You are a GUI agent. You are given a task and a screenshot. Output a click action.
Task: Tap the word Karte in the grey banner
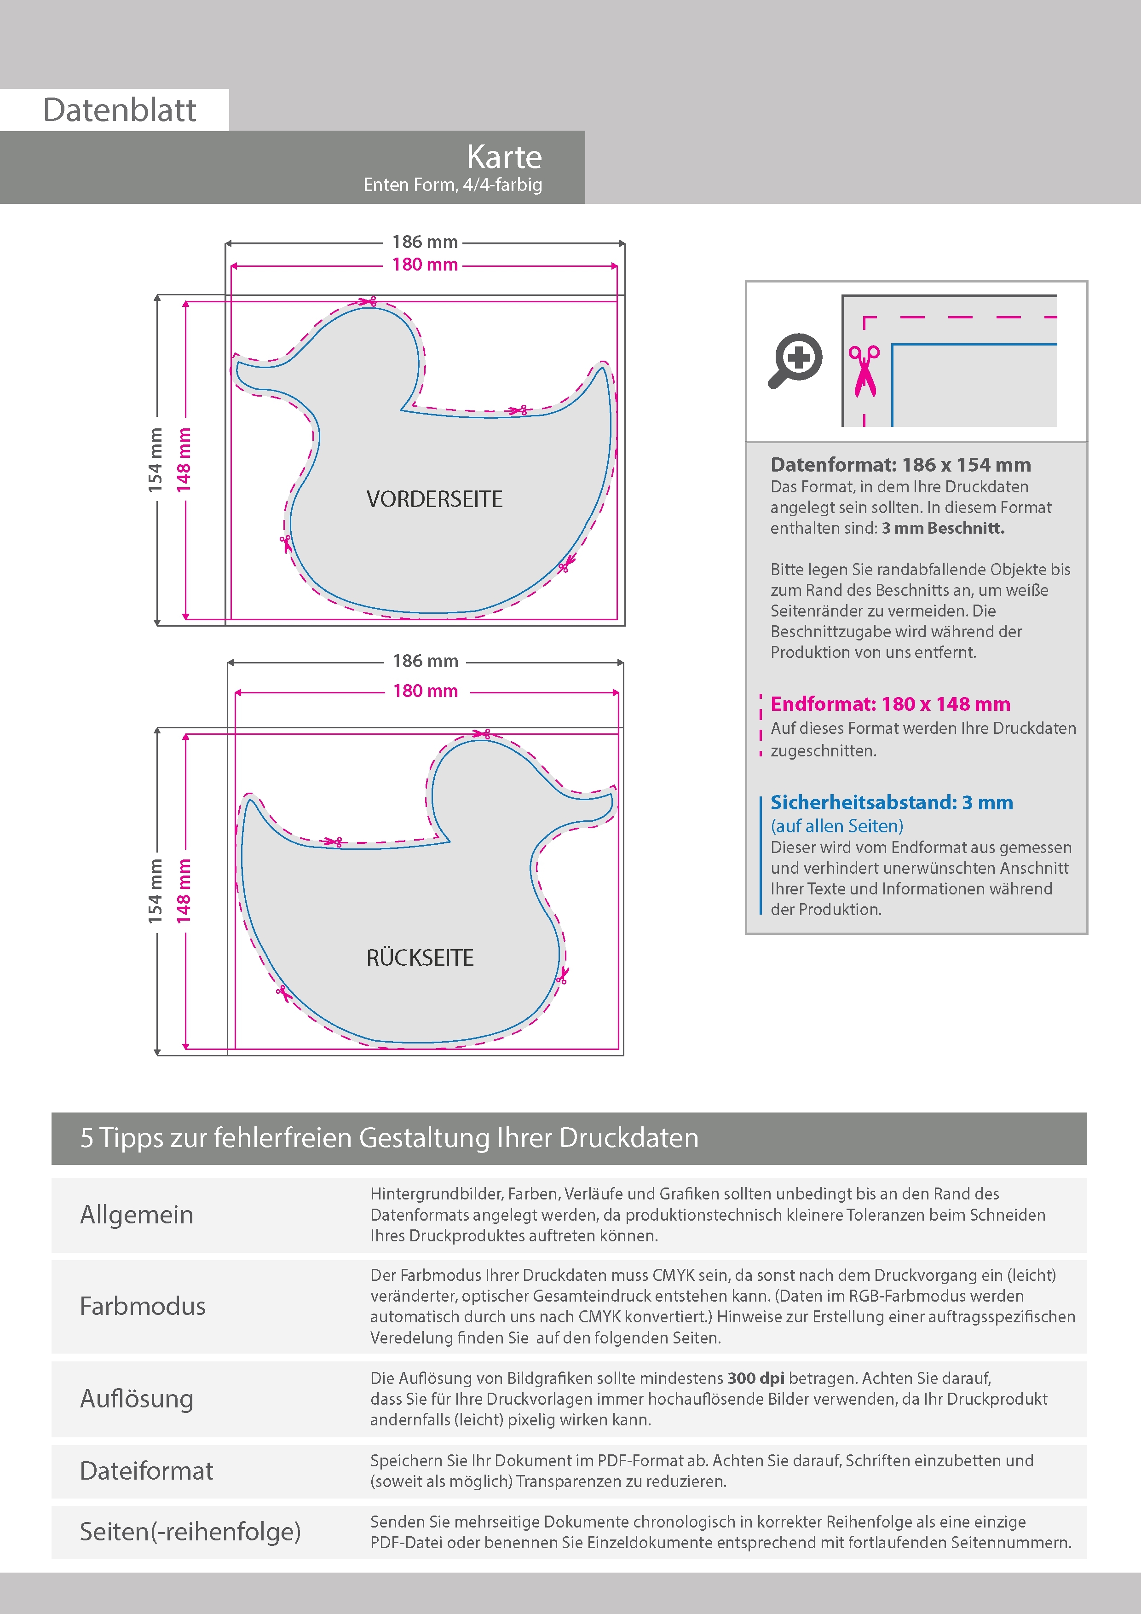[x=504, y=157]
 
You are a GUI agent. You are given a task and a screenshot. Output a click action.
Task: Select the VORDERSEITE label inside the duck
[x=434, y=499]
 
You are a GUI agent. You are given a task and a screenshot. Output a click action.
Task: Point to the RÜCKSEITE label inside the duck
[x=420, y=957]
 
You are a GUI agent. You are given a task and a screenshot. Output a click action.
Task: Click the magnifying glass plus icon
[x=795, y=360]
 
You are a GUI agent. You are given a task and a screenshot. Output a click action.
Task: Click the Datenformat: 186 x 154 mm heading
[x=900, y=465]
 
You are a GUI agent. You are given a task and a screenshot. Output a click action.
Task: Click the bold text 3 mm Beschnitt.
[x=943, y=528]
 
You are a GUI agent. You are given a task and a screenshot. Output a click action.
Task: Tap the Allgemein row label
[x=136, y=1215]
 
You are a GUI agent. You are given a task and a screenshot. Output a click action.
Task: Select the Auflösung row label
[x=136, y=1398]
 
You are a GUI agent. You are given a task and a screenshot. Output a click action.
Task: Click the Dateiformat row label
[x=146, y=1470]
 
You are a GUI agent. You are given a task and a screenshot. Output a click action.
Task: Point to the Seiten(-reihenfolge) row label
[x=190, y=1531]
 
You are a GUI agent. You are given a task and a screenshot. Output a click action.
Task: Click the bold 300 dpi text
[x=756, y=1378]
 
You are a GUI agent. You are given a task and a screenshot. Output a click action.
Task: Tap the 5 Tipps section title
[x=389, y=1137]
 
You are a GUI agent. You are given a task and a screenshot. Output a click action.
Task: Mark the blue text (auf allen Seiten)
[x=836, y=826]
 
